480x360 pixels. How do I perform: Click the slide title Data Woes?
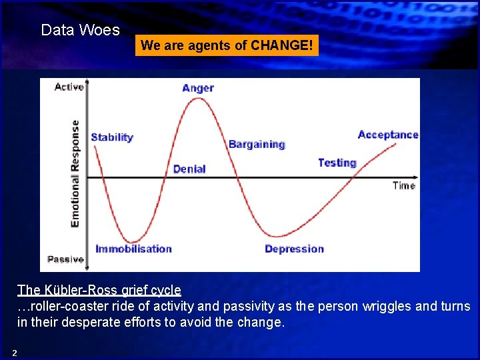pos(80,30)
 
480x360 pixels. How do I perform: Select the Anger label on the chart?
pos(198,88)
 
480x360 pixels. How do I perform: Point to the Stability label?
pos(112,137)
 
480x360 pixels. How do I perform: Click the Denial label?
pos(189,169)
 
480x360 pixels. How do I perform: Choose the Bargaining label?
pos(257,145)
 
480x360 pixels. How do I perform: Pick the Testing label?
pos(337,163)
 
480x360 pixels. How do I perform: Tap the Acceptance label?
pos(388,135)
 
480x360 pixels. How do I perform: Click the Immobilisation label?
pos(133,249)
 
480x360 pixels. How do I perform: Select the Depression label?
pos(294,249)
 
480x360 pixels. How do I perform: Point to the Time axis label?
pos(404,185)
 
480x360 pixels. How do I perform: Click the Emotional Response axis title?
pos(75,173)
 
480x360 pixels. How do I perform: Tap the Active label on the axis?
pos(69,87)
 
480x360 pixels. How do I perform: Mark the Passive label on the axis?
pos(66,259)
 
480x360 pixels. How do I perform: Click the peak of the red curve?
pos(198,99)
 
